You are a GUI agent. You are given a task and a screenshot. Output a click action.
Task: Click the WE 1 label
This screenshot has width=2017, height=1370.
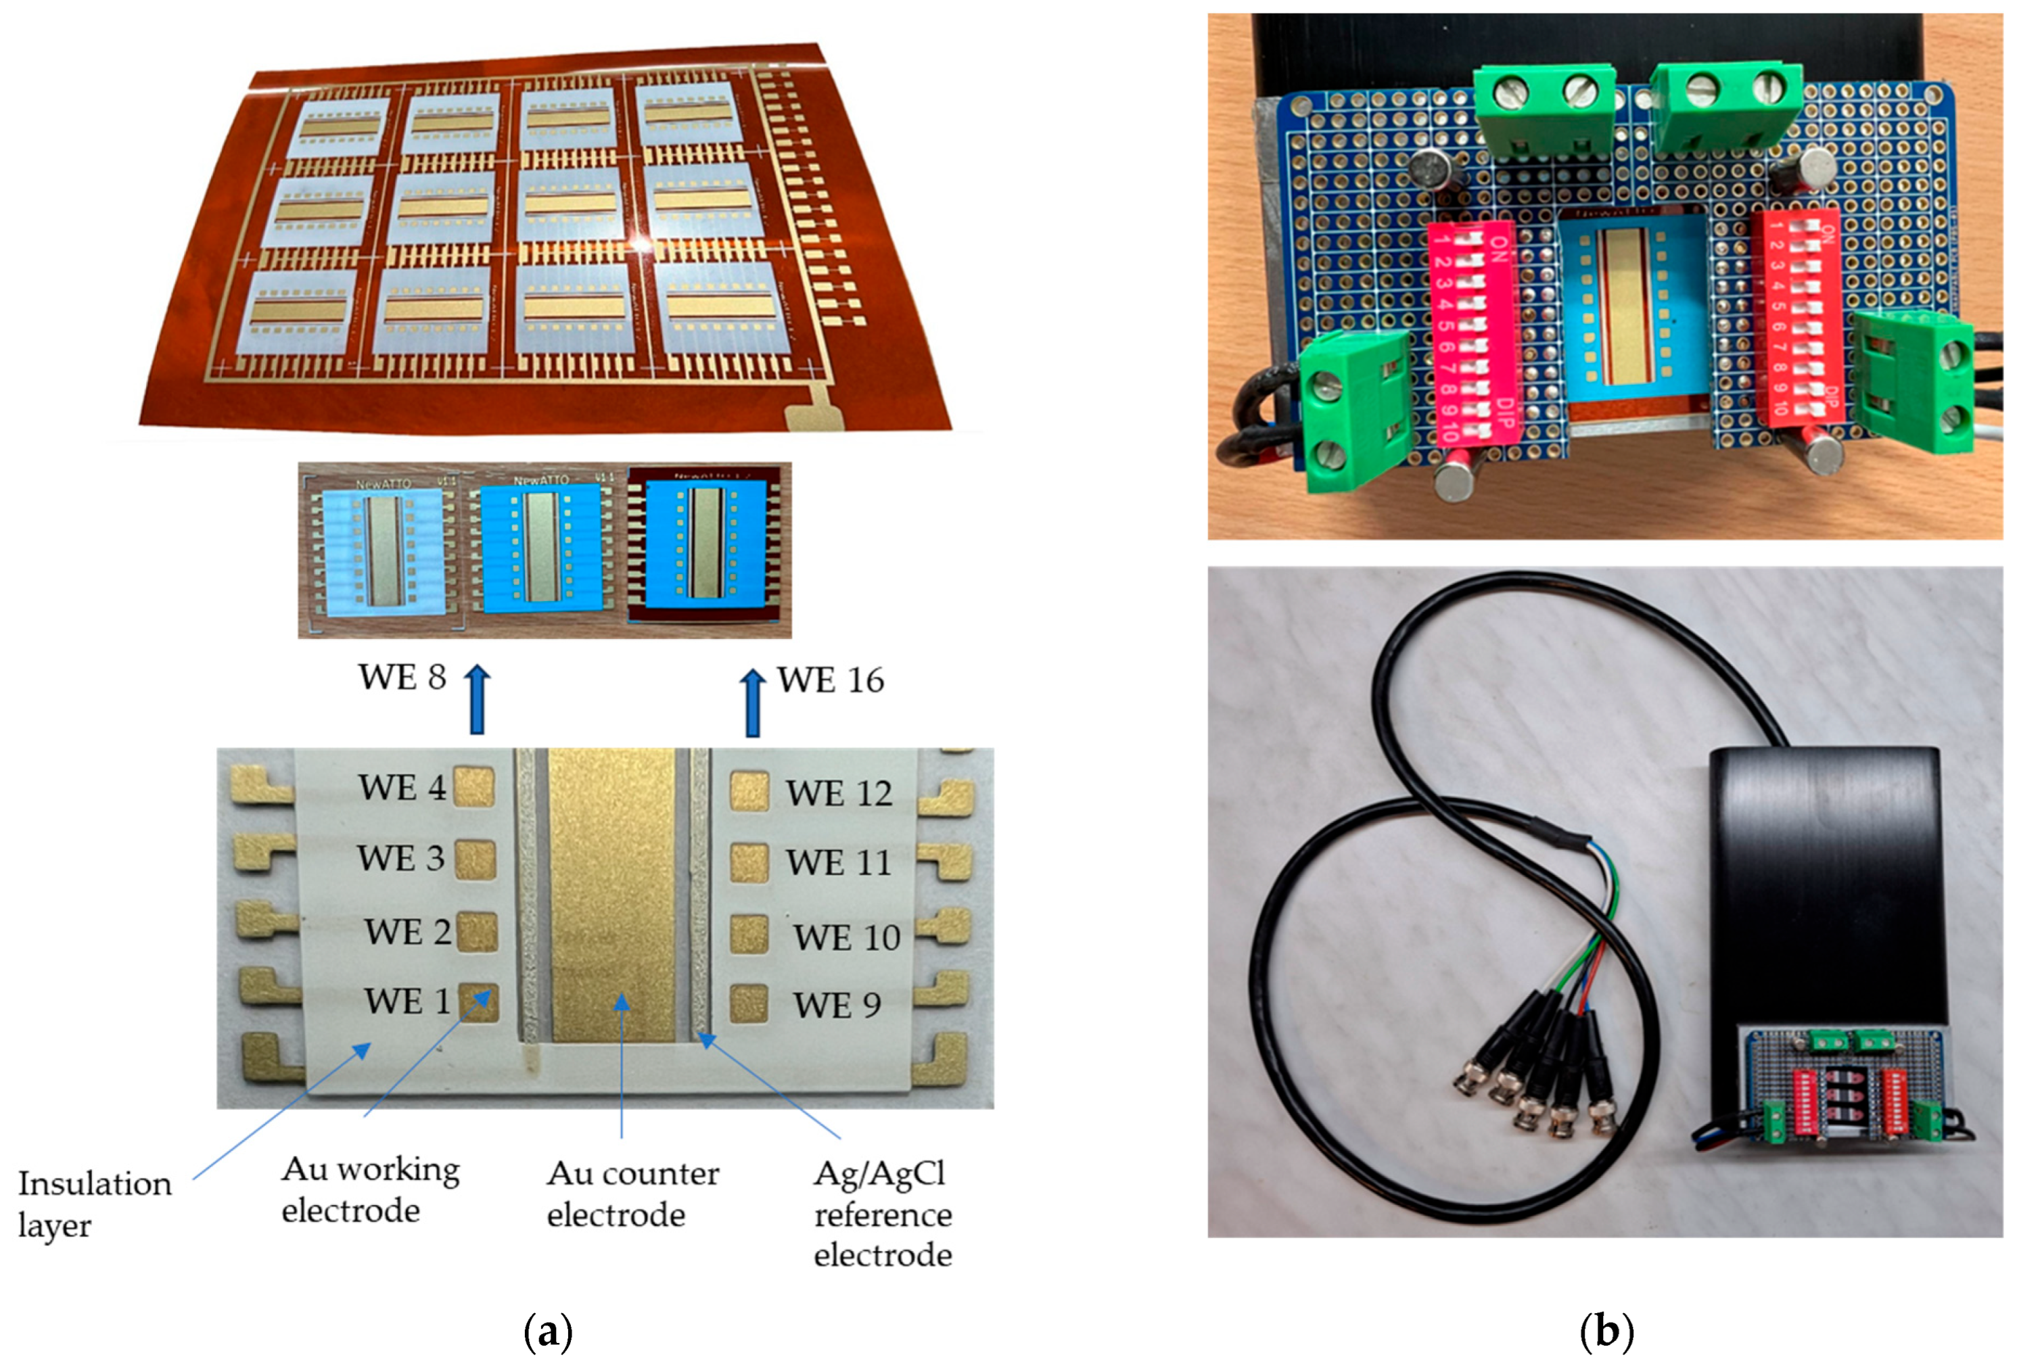point(407,1001)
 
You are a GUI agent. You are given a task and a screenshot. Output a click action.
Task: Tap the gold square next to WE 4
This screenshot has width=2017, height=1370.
point(475,787)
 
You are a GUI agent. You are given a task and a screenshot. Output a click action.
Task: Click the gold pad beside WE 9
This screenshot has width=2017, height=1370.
point(748,1004)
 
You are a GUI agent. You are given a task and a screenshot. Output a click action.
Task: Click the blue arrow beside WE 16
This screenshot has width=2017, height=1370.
point(752,702)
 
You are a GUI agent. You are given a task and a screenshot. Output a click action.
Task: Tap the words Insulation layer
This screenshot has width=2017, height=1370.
point(94,1204)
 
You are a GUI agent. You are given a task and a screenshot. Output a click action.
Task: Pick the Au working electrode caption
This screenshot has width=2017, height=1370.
point(370,1189)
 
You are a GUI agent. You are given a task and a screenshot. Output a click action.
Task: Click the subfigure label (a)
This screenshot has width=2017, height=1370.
point(549,1330)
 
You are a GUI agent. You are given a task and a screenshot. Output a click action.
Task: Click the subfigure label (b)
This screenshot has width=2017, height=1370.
point(1606,1330)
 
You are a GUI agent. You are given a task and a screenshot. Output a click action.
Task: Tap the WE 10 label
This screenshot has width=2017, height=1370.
point(846,937)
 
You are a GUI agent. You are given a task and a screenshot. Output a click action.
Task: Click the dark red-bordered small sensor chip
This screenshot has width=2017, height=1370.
point(708,548)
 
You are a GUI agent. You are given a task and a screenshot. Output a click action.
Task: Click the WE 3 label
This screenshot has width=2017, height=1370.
point(401,858)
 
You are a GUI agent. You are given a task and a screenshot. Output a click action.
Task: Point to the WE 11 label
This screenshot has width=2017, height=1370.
point(839,862)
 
